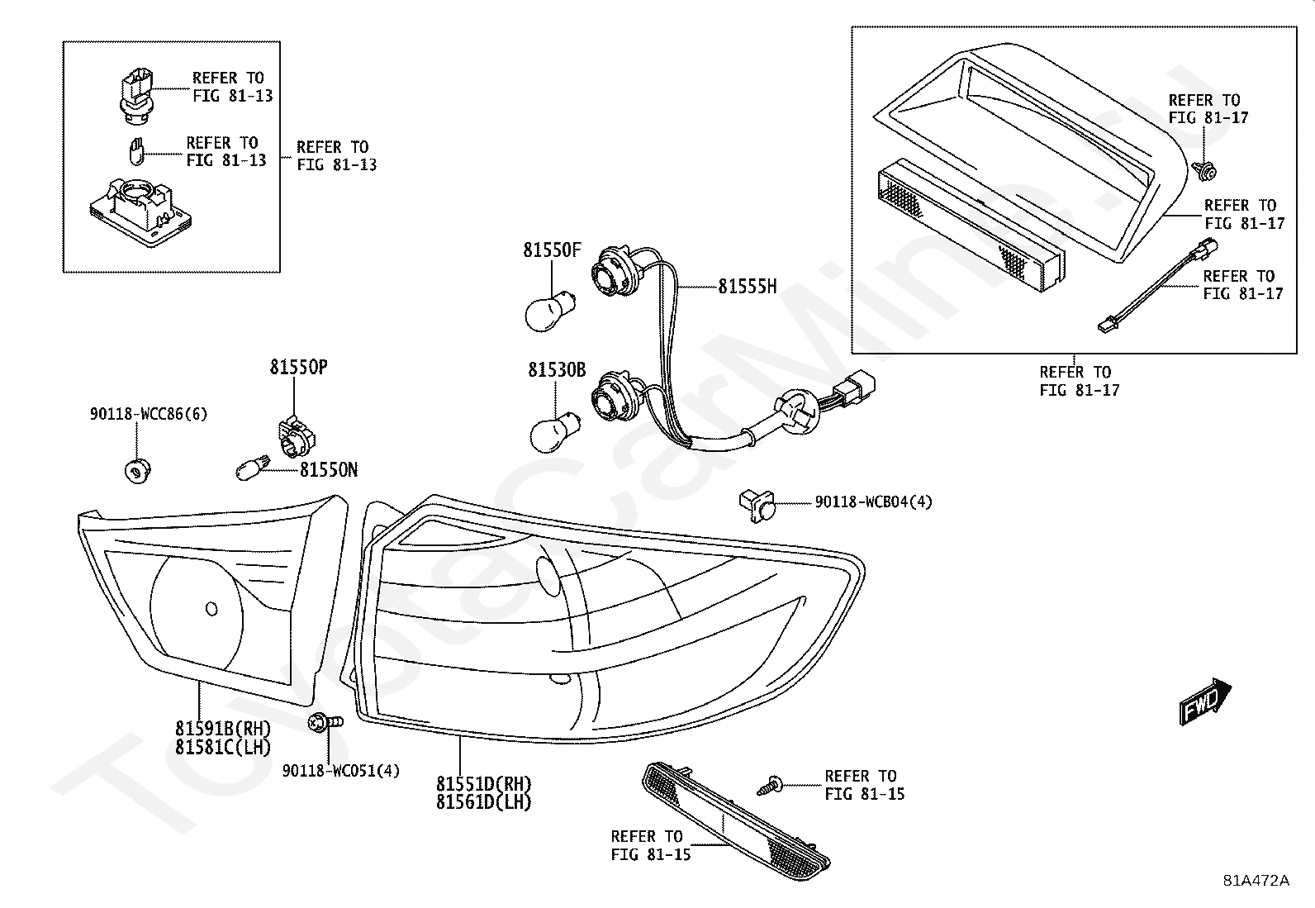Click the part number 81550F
point(552,250)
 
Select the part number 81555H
point(748,287)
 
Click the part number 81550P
point(299,367)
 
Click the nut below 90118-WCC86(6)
point(138,471)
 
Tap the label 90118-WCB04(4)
point(874,502)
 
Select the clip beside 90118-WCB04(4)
point(757,505)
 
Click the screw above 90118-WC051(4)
point(325,722)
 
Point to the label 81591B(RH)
point(223,729)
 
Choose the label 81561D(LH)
point(484,802)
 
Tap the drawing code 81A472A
point(1256,881)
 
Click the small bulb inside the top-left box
point(136,151)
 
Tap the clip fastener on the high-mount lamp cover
point(1204,170)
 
